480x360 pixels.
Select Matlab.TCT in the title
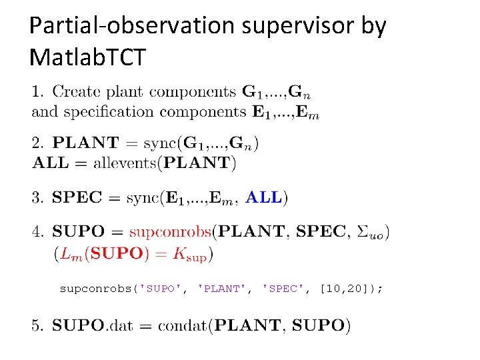pos(87,58)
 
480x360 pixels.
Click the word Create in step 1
pos(77,92)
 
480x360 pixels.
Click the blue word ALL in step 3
pos(263,197)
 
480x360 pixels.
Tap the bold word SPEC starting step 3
pos(77,197)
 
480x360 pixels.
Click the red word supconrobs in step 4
pos(170,232)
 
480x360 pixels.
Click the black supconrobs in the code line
pos(97,289)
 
